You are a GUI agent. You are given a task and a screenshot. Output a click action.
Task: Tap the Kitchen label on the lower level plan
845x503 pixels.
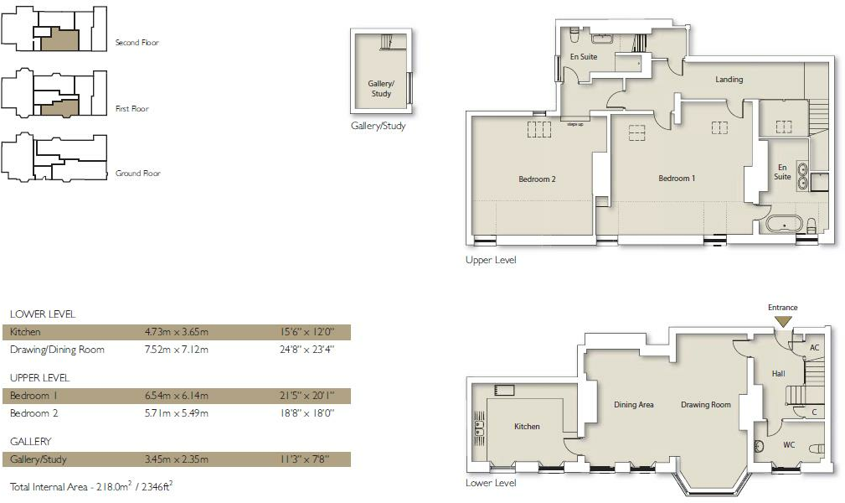point(527,427)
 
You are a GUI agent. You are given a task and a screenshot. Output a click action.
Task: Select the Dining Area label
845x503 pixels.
point(634,405)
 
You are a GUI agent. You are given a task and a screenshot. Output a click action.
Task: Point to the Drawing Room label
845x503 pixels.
point(706,405)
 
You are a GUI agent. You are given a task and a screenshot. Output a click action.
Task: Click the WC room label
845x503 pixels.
point(789,445)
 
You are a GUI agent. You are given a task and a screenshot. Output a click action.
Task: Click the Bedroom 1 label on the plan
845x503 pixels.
point(677,179)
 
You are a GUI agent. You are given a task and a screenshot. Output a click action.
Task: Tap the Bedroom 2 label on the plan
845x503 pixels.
point(537,179)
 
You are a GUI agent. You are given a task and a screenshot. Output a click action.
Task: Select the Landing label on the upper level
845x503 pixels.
point(729,80)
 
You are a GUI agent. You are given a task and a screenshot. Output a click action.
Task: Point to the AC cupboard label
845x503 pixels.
point(813,347)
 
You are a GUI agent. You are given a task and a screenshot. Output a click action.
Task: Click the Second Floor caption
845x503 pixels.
point(137,43)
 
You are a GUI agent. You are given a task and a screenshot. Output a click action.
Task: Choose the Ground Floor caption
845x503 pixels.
point(138,174)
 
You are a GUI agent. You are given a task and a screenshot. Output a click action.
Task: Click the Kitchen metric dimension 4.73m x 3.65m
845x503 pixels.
point(177,333)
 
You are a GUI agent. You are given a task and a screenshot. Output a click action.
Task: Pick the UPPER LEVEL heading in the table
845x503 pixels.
point(39,378)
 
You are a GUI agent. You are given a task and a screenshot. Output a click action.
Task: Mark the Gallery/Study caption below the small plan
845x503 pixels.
point(379,127)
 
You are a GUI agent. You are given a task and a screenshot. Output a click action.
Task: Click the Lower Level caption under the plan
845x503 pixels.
point(491,483)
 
